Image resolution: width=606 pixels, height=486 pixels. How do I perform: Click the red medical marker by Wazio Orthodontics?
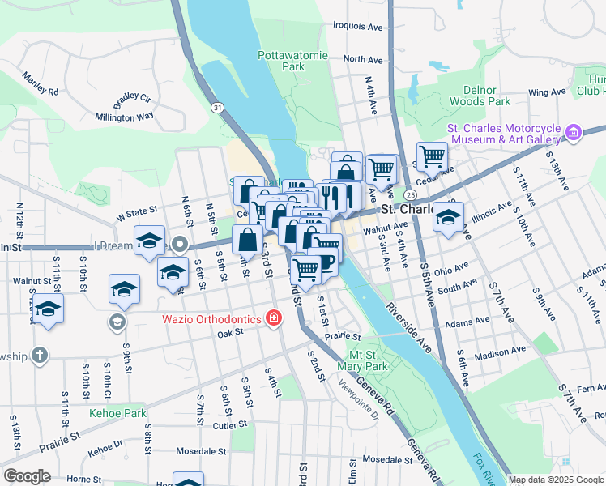[x=275, y=317]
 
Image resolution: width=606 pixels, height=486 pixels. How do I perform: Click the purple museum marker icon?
[x=574, y=132]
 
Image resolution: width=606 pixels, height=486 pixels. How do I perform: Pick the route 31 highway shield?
[x=217, y=107]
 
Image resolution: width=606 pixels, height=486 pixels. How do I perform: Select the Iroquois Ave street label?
[x=357, y=26]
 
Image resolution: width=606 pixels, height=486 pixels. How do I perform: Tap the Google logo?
[x=28, y=476]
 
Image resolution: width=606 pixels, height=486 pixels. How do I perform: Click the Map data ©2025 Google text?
[x=555, y=480]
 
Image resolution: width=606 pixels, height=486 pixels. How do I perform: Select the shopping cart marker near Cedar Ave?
[x=432, y=156]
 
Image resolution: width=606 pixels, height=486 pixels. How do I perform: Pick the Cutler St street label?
[x=230, y=424]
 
